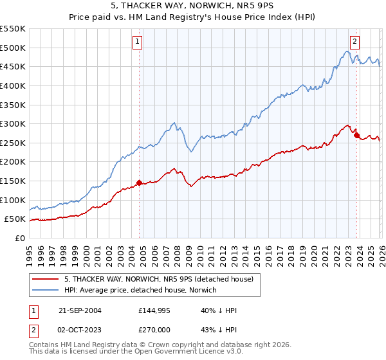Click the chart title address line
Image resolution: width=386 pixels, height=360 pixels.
192,6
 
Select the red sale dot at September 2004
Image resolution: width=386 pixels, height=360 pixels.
140,183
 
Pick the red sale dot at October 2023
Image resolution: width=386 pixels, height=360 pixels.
356,135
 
